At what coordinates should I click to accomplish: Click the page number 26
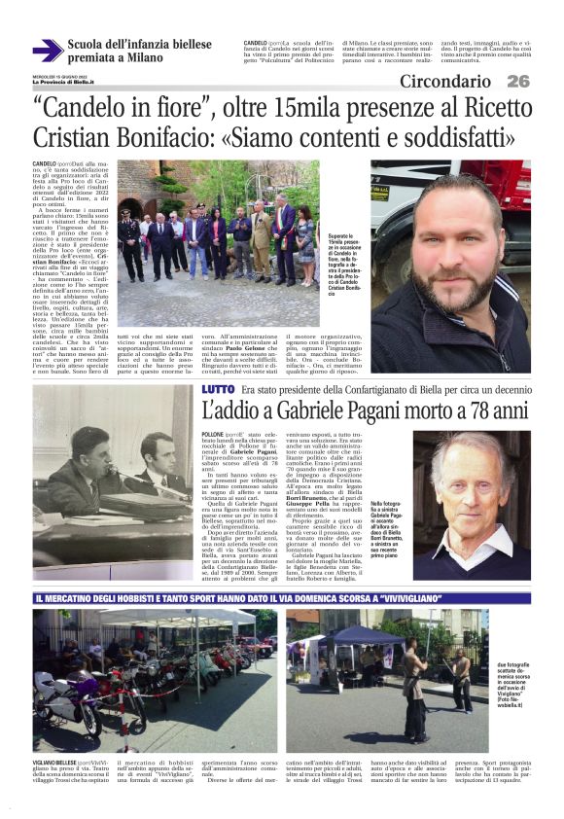517,82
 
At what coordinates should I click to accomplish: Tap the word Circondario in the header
445,82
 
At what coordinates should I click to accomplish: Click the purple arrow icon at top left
46,51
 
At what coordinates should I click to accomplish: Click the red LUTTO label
218,389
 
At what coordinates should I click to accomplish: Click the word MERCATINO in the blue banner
77,597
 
